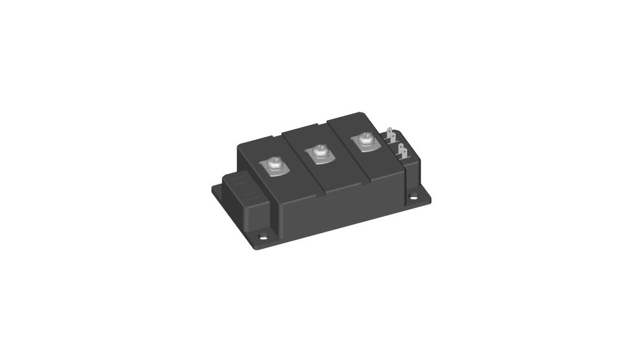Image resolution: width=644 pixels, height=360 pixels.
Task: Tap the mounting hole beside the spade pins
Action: (414, 197)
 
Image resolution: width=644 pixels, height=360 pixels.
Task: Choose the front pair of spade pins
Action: (402, 152)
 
